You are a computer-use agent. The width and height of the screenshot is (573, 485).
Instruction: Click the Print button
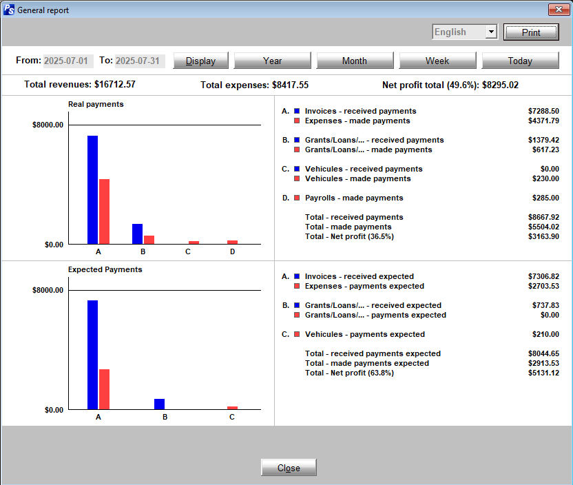[x=531, y=32]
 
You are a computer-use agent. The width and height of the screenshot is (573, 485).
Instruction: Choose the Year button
[x=272, y=61]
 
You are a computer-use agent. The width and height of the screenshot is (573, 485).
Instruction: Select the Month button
[x=354, y=61]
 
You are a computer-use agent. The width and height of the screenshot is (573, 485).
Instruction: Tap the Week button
[x=437, y=61]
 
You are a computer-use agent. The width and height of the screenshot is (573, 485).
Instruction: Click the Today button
[x=520, y=61]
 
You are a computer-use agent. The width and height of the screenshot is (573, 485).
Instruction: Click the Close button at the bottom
[x=289, y=468]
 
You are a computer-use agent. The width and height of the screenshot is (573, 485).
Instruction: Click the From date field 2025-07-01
[x=67, y=61]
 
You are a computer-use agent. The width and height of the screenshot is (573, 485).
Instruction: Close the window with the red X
[x=557, y=10]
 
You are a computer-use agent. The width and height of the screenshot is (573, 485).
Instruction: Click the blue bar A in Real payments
[x=92, y=189]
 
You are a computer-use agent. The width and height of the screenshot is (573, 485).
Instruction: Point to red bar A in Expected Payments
[x=104, y=389]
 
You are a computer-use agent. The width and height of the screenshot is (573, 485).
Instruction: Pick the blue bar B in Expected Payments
[x=159, y=404]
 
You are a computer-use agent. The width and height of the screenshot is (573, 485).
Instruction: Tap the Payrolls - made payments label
[x=354, y=198]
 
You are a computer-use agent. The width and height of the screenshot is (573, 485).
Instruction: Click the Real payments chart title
[x=96, y=104]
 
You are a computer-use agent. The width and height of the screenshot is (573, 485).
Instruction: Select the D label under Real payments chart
[x=232, y=251]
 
